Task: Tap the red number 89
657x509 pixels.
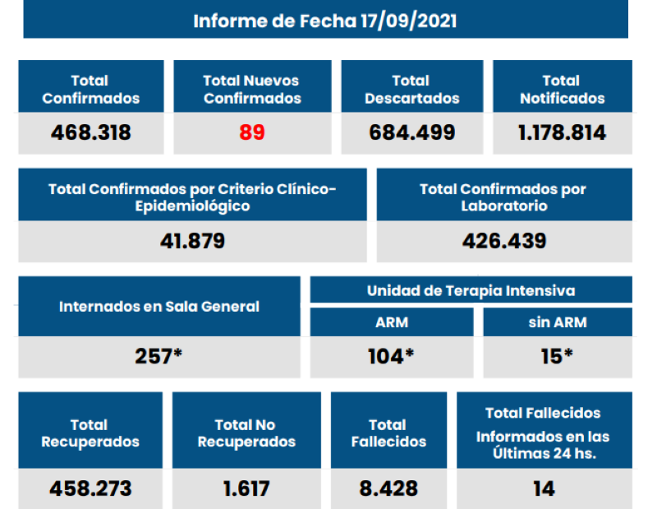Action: click(x=252, y=132)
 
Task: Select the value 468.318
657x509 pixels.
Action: click(x=90, y=132)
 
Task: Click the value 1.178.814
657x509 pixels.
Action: click(x=563, y=132)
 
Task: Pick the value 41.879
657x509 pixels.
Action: click(x=192, y=242)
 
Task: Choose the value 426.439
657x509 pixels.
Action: click(x=504, y=242)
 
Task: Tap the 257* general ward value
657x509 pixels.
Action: click(x=159, y=357)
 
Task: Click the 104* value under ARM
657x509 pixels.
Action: click(x=391, y=357)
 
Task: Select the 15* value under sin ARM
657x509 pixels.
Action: click(x=557, y=357)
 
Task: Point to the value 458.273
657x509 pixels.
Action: click(x=90, y=488)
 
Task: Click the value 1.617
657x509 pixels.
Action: click(x=246, y=488)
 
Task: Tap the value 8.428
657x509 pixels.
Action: click(x=388, y=488)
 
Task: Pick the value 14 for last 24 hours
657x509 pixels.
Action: click(x=543, y=488)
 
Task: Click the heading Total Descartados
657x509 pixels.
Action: click(x=411, y=90)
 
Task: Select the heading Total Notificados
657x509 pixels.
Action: click(x=563, y=90)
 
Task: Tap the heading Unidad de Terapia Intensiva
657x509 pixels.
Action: click(x=471, y=290)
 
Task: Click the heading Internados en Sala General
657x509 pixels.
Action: click(x=159, y=307)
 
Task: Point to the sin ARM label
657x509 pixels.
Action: click(x=557, y=322)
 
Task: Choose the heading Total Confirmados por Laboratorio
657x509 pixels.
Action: click(x=503, y=197)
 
